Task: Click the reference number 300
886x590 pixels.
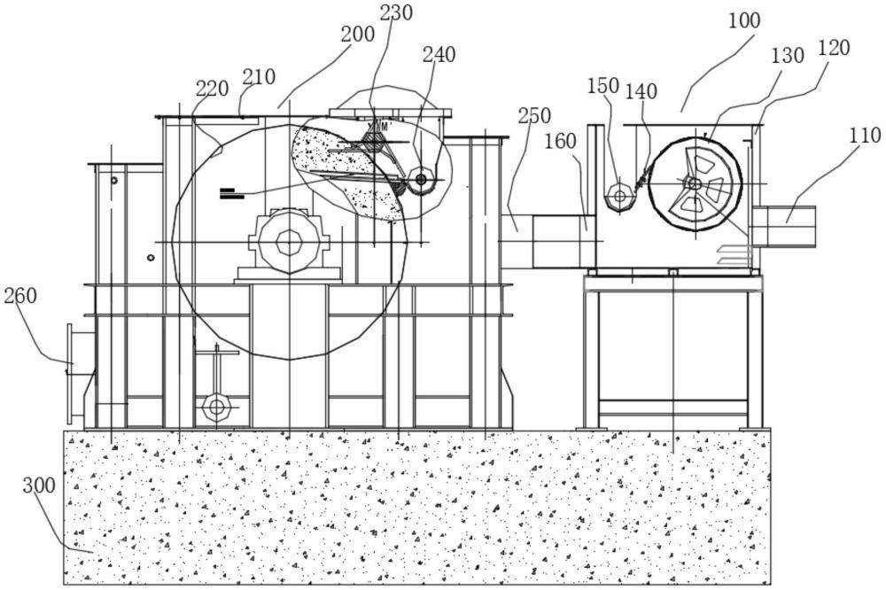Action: [40, 485]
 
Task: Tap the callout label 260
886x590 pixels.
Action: [20, 296]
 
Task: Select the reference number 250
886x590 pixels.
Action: [534, 116]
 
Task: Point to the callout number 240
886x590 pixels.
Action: [439, 55]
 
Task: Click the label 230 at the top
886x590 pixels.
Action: [396, 13]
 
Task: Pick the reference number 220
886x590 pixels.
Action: [213, 89]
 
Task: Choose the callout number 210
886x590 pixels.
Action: [259, 77]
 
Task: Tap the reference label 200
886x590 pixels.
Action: [358, 35]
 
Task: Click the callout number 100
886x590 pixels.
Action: [744, 21]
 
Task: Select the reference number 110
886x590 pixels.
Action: [865, 136]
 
